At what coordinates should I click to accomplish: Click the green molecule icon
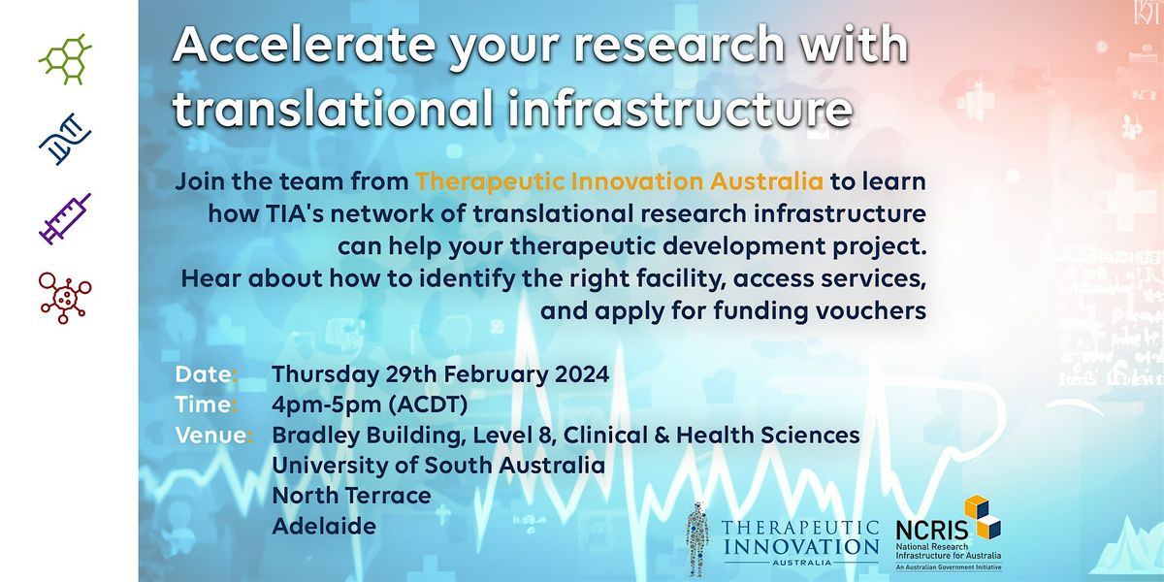click(x=65, y=59)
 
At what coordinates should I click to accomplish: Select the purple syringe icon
click(x=65, y=218)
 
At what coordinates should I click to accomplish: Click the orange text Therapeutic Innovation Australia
click(x=619, y=181)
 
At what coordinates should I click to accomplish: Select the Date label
click(x=205, y=374)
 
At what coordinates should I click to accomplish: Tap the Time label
click(x=205, y=404)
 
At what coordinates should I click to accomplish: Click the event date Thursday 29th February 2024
click(x=440, y=374)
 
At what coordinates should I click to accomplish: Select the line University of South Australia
click(x=438, y=466)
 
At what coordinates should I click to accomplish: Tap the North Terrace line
click(x=351, y=496)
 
